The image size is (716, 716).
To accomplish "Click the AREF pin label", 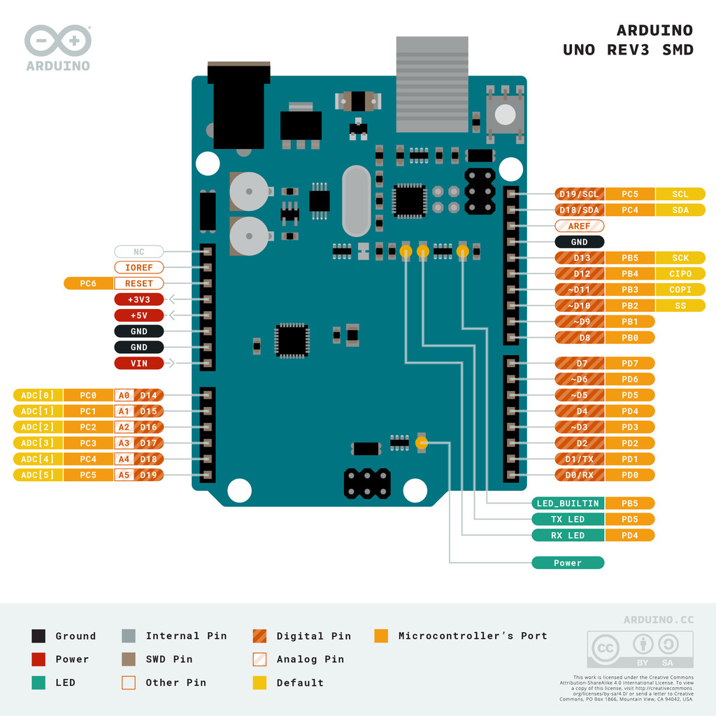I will coord(579,227).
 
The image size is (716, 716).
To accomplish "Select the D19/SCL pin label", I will coord(579,194).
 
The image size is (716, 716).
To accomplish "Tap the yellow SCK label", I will coord(680,258).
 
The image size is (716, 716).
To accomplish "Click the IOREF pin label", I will coord(138,267).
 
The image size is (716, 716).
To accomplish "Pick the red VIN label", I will coord(138,363).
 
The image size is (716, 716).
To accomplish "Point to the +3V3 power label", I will coord(138,299).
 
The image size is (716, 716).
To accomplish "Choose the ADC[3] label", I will coord(38,443).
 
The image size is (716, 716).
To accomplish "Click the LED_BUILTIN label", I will coord(567,503).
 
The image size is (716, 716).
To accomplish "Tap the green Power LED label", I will coord(567,563).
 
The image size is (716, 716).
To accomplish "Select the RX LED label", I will coord(567,536).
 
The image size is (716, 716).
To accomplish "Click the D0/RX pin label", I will coord(579,475).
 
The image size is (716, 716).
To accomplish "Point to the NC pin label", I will coord(138,251).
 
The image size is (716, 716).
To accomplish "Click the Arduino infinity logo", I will coord(58,42).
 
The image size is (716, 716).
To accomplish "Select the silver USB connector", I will coord(431,84).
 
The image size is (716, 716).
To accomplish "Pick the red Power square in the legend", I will coord(38,659).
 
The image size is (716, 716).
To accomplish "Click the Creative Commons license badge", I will coord(640,650).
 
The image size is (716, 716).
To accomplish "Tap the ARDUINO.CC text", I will coord(659,620).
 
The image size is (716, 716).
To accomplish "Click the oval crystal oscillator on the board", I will coord(357,201).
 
